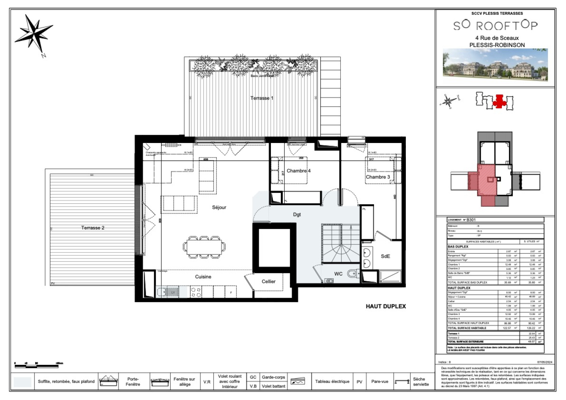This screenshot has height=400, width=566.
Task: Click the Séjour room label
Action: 219,207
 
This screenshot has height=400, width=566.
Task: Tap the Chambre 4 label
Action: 298,171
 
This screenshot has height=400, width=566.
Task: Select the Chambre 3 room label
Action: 378,177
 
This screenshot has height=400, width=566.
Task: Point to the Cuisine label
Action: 203,277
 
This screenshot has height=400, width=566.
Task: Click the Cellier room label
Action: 268,281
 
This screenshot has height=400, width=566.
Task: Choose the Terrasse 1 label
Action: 262,98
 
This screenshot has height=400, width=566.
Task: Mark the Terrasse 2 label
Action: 93,228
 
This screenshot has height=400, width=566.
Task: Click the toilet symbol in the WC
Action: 352,274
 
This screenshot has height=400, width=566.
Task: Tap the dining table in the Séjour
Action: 204,247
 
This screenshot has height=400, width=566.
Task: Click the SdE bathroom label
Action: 385,256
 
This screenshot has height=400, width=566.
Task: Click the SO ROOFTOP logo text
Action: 495,25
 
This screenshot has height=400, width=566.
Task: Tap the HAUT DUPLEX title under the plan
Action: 385,306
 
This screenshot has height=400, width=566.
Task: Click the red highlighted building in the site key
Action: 499,101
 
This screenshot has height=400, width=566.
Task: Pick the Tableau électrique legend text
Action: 332,381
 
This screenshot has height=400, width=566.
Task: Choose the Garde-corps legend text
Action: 273,377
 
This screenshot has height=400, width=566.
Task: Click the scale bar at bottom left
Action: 36,366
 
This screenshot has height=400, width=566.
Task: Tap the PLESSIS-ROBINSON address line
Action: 497,45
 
